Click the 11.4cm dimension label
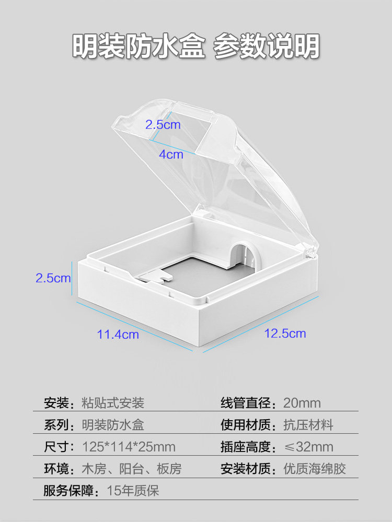[x=118, y=335]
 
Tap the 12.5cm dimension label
[x=285, y=333]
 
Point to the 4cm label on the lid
[x=171, y=155]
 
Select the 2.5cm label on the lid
[x=163, y=125]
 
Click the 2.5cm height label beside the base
[x=53, y=278]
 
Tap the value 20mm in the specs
[x=302, y=403]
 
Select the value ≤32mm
[x=308, y=447]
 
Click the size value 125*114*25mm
[x=129, y=447]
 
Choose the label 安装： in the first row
[x=62, y=403]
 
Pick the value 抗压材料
[x=308, y=425]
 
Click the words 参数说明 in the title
[x=267, y=47]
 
